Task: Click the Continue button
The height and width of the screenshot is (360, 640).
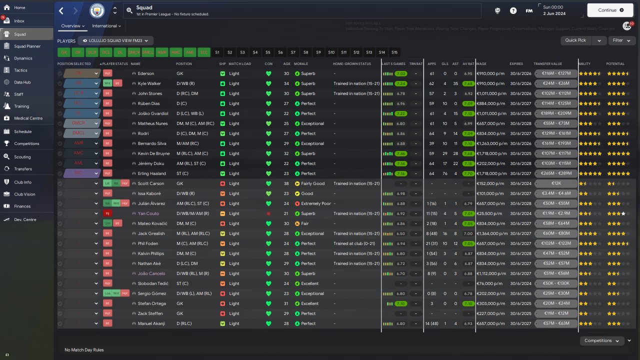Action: pos(609,10)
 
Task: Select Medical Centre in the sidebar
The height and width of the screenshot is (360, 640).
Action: pos(28,118)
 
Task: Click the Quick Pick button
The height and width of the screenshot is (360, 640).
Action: pos(575,40)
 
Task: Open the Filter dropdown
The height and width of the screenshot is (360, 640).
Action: pos(621,40)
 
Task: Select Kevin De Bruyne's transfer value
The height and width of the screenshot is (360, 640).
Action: pos(555,153)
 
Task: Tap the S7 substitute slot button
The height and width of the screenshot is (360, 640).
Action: pos(293,52)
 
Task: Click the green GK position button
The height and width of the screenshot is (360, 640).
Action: pos(63,52)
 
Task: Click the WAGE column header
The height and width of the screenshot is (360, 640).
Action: pos(481,64)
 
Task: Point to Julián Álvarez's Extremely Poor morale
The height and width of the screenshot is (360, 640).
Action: pos(315,203)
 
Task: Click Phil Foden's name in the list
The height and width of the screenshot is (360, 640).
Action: pos(149,243)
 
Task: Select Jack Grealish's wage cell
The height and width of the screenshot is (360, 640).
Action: pos(491,233)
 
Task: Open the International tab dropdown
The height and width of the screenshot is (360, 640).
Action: pos(106,26)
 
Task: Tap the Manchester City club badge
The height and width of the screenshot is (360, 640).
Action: pos(97,10)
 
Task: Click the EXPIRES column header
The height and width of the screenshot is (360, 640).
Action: pos(516,64)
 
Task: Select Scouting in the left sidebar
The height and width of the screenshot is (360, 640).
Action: pos(22,156)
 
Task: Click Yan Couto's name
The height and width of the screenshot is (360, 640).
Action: pos(148,213)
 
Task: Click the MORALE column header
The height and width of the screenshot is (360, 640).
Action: pos(301,64)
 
